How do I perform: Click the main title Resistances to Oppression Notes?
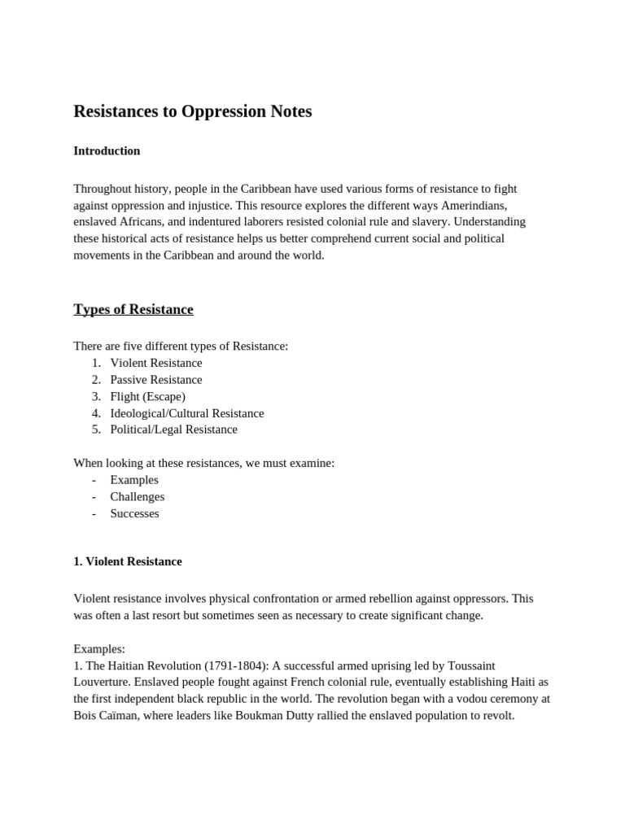pos(192,111)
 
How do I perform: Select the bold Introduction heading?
pos(107,151)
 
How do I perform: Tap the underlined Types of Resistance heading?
pos(133,309)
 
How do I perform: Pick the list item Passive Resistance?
pos(156,380)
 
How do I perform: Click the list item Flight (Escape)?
pos(147,396)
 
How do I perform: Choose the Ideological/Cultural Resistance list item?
pos(187,413)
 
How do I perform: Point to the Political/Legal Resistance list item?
pos(174,430)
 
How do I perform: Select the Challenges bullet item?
pos(138,496)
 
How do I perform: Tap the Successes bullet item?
pos(135,513)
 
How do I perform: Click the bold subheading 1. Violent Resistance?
pos(128,561)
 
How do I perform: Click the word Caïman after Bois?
pos(119,716)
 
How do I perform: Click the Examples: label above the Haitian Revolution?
pos(99,648)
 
